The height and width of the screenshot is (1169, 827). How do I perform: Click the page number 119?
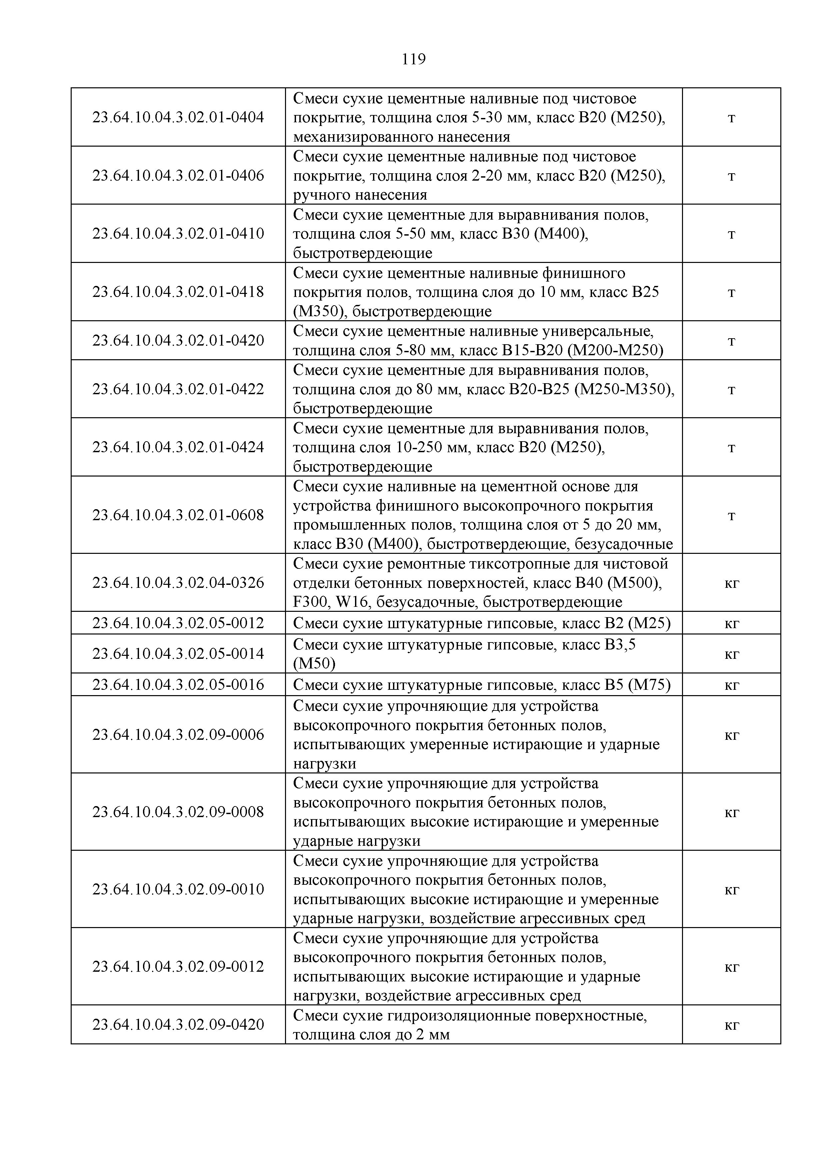(x=413, y=60)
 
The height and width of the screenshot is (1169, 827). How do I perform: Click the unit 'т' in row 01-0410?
(x=731, y=234)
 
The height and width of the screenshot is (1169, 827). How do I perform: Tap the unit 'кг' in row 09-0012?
(x=731, y=967)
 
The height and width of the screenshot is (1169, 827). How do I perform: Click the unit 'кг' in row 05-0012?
(x=731, y=623)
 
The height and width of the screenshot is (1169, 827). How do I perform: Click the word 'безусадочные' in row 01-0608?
(x=623, y=544)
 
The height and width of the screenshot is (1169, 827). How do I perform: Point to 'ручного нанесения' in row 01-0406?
(x=360, y=195)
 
